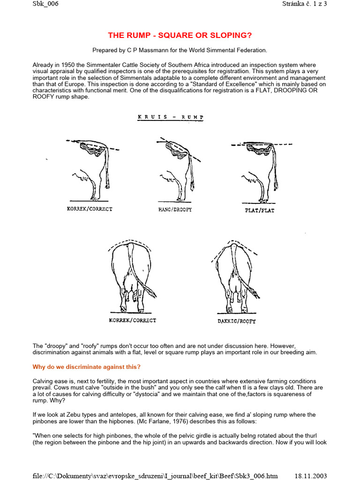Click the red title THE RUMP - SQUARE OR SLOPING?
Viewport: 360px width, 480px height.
(180, 36)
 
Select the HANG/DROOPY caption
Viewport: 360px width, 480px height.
(175, 210)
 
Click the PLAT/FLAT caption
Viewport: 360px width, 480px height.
(259, 210)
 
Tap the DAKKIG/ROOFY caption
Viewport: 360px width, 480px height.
(236, 322)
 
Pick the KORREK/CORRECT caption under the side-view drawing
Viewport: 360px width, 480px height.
(90, 209)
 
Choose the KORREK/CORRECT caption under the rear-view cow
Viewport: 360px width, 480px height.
(133, 320)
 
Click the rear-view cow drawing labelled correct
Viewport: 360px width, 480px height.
(134, 277)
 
